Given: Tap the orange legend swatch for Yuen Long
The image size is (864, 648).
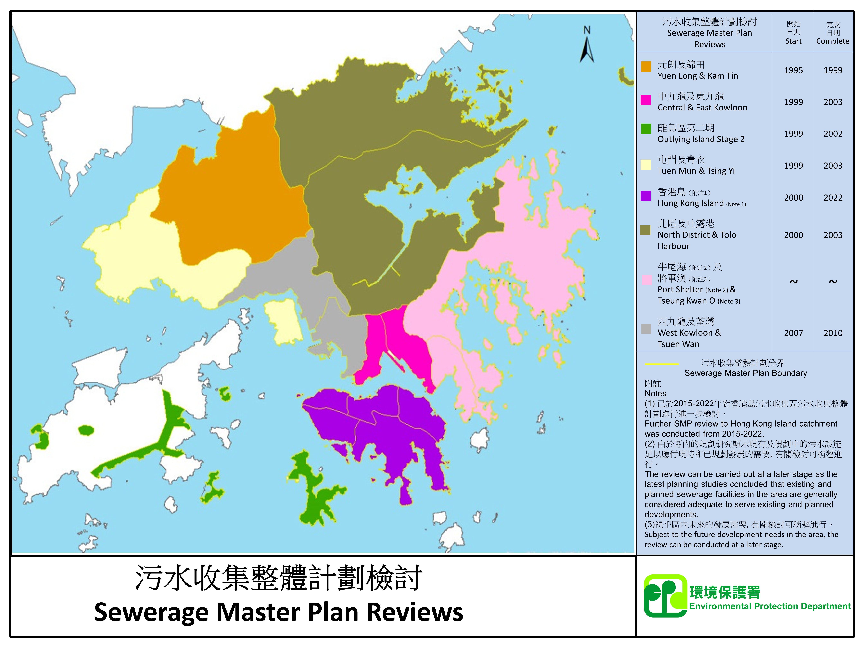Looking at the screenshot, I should (x=646, y=66).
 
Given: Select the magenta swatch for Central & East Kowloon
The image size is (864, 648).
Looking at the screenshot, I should (x=646, y=100).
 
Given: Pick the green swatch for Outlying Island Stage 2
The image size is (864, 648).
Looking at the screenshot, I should (x=646, y=129).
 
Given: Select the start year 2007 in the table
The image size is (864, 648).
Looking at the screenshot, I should (x=793, y=333).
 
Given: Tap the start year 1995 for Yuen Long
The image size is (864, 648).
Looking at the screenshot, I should (x=793, y=70).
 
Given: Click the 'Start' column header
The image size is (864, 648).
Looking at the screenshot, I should (x=793, y=41).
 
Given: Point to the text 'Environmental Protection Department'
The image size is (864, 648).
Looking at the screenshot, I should (x=770, y=606).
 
